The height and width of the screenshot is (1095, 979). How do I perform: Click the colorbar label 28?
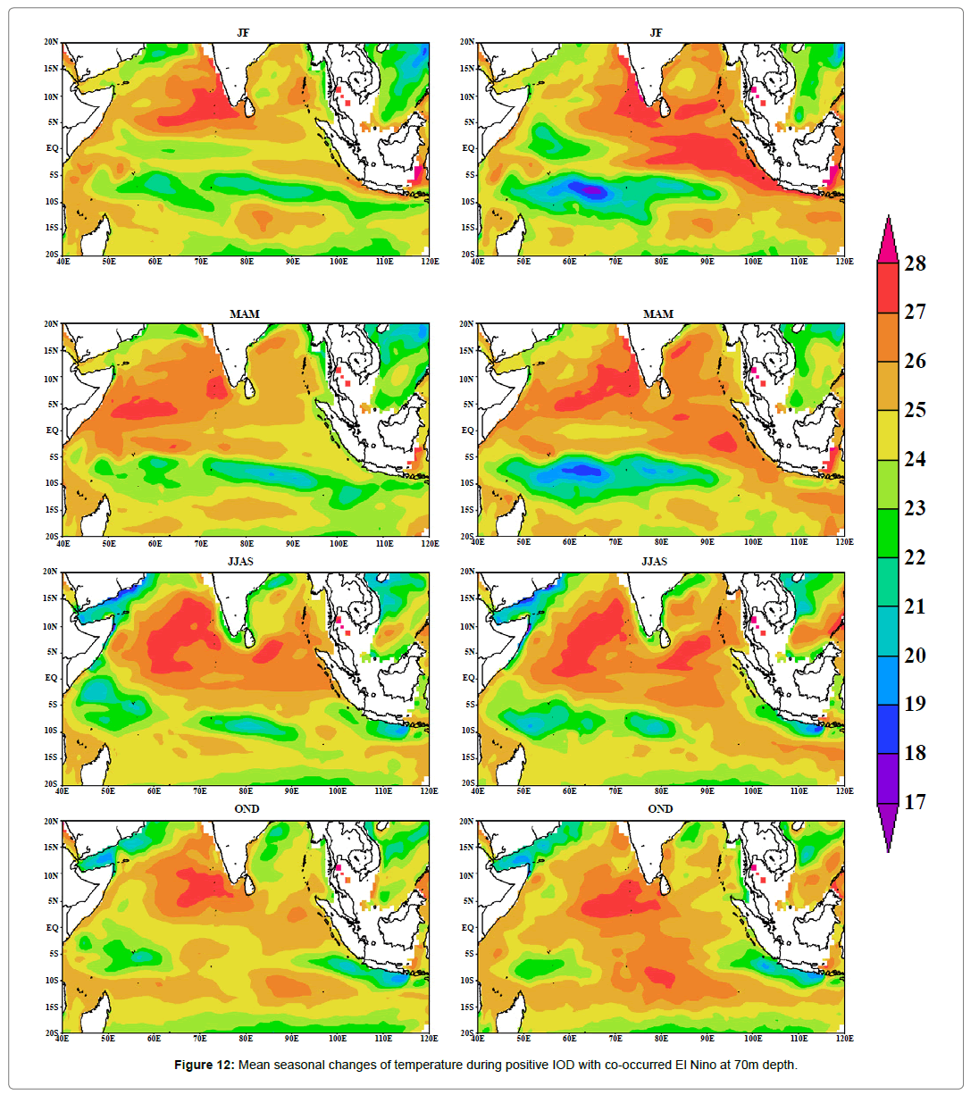pyautogui.click(x=915, y=263)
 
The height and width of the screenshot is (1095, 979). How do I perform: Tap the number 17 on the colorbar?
pyautogui.click(x=915, y=802)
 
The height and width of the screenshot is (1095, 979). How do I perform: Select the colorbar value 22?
pyautogui.click(x=915, y=557)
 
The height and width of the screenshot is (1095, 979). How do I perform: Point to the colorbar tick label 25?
pyautogui.click(x=915, y=410)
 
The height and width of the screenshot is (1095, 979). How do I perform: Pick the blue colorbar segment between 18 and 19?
pyautogui.click(x=887, y=729)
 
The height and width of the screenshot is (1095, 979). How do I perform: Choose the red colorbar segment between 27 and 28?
pyautogui.click(x=887, y=288)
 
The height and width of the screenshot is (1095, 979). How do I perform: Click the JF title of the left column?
pyautogui.click(x=243, y=33)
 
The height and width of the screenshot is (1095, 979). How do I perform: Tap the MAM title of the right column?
pyautogui.click(x=658, y=314)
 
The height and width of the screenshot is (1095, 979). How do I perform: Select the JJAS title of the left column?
pyautogui.click(x=240, y=562)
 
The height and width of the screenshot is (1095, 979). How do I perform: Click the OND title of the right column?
pyautogui.click(x=660, y=809)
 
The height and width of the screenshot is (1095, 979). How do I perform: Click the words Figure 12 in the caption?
pyautogui.click(x=204, y=1065)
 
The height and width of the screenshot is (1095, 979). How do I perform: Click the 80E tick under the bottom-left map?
pyautogui.click(x=246, y=1039)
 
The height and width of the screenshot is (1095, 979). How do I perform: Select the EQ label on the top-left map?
pyautogui.click(x=53, y=148)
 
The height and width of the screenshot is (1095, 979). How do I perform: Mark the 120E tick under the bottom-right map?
pyautogui.click(x=844, y=1039)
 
